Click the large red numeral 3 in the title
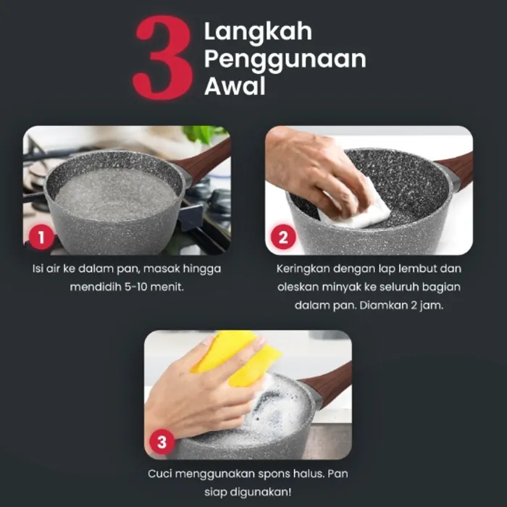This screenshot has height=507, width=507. pyautogui.click(x=164, y=57)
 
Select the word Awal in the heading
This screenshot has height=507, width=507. pyautogui.click(x=235, y=86)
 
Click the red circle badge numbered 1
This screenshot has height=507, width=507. pyautogui.click(x=41, y=238)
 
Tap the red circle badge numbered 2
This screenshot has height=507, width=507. pyautogui.click(x=283, y=237)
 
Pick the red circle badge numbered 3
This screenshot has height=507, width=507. pyautogui.click(x=162, y=442)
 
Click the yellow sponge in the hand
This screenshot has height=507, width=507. pyautogui.click(x=237, y=356)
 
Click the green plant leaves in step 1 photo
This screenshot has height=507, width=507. pyautogui.click(x=202, y=133)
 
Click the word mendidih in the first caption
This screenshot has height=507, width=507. pyautogui.click(x=96, y=287)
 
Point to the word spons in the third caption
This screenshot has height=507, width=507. pyautogui.click(x=275, y=474)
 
